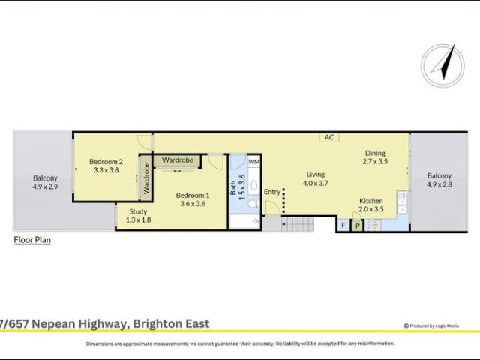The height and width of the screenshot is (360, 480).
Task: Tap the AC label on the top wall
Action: coord(328,137)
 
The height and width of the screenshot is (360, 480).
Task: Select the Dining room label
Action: coord(375,153)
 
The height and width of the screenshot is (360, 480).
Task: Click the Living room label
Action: coord(316,174)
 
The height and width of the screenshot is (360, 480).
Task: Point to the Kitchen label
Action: coord(371,201)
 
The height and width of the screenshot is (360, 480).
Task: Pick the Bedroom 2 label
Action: coord(106,161)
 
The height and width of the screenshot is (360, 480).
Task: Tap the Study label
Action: coord(138,211)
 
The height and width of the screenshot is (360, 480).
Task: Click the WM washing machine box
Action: coord(253,162)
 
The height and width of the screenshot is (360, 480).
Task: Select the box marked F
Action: coord(343,225)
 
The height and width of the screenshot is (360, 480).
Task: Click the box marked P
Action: coord(357,225)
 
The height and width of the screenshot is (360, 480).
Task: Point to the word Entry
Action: coord(271,192)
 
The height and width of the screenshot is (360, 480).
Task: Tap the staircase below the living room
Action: coord(298,223)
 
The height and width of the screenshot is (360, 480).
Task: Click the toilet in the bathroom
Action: coord(253,203)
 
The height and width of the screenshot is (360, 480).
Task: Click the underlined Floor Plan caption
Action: coord(32,240)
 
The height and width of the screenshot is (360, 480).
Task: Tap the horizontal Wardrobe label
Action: coord(178,160)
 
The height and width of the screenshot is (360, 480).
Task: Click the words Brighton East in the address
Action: coord(172,324)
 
